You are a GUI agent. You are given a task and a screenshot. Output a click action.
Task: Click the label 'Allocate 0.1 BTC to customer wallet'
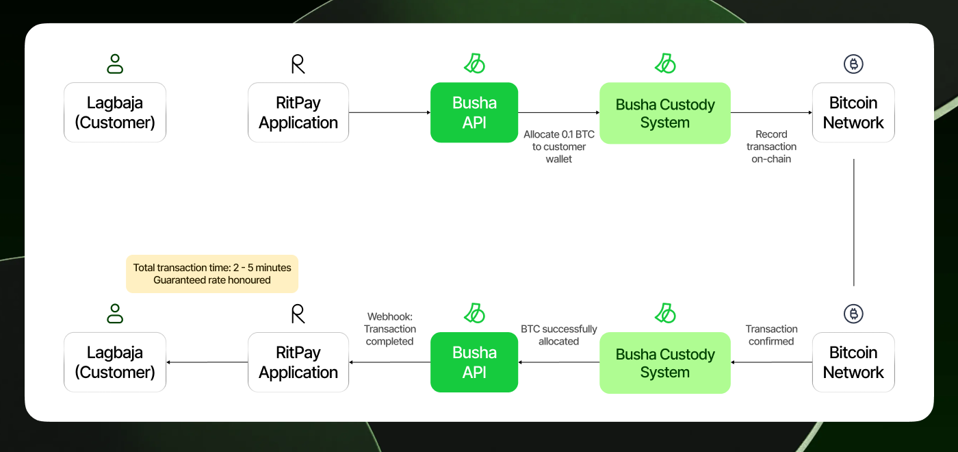559,147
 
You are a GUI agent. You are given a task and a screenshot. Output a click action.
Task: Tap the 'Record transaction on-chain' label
771,147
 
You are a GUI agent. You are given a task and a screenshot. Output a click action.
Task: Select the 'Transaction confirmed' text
771,335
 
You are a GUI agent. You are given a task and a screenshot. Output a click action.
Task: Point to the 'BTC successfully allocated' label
559,335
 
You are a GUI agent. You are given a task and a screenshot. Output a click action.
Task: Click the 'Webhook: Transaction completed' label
389,329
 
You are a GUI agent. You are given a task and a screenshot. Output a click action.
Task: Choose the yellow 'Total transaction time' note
212,273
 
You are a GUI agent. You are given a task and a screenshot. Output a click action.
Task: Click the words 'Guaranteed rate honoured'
212,280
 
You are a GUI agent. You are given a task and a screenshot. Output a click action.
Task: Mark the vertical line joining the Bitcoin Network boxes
853,223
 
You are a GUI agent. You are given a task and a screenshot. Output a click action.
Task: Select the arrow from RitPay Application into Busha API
389,112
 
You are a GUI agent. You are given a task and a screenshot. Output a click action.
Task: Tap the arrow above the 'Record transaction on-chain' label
771,113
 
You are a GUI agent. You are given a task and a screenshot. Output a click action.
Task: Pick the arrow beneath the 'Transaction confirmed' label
771,362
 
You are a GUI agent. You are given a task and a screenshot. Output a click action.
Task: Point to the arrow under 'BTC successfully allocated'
559,362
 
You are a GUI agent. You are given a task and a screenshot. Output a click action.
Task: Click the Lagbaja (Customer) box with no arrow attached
115,112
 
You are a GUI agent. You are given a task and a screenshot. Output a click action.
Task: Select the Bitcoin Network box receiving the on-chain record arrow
853,112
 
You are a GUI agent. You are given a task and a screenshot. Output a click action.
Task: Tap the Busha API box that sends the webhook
474,362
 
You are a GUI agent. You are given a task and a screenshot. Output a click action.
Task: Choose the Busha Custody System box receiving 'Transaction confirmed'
665,363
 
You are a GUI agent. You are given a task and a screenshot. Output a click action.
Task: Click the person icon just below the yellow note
115,314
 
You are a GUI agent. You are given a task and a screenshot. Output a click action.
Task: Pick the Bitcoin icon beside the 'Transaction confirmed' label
853,314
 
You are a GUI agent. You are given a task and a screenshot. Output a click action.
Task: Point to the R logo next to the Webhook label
298,314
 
